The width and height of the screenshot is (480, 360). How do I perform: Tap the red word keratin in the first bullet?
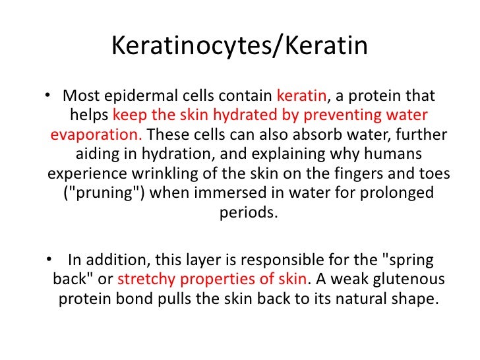point(301,95)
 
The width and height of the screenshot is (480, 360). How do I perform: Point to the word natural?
point(353,298)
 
